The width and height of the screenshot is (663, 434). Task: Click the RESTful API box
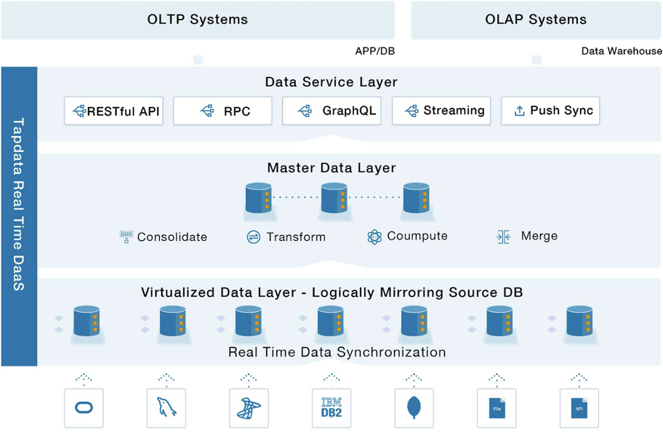(113, 111)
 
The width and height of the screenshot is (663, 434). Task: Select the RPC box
(222, 111)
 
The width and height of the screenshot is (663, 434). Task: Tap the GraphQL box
(331, 111)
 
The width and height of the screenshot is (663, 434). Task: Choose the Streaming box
(441, 111)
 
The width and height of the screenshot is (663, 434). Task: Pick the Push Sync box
(550, 111)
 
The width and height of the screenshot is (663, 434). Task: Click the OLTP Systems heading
(198, 20)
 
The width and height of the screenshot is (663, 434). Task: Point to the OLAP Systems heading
(536, 20)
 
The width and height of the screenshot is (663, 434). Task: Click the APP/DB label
(374, 51)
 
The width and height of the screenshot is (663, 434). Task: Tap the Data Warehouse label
(622, 51)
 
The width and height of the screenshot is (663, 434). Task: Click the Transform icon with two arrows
(253, 237)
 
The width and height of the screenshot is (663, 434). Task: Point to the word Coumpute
(417, 236)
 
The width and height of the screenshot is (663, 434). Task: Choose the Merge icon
(503, 237)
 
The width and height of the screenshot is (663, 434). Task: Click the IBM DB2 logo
(331, 408)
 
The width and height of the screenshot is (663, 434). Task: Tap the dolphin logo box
(166, 409)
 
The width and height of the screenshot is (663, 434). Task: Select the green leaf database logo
(414, 408)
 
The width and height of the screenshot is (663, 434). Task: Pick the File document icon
(497, 409)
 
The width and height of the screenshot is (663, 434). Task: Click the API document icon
(579, 409)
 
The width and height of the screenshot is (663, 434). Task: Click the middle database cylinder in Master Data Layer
(334, 198)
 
